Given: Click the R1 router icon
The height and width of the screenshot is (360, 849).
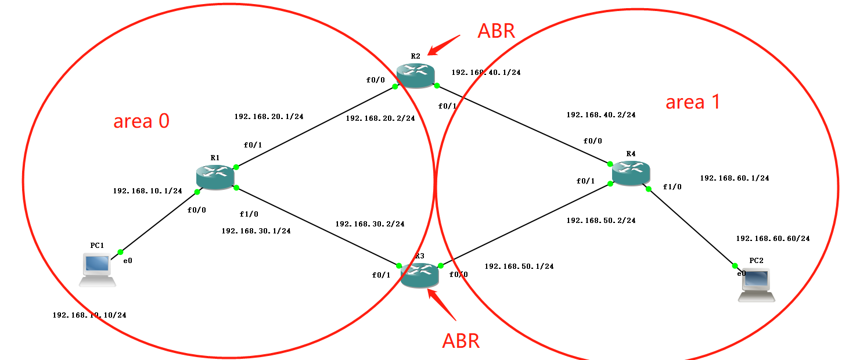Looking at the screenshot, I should pyautogui.click(x=214, y=176).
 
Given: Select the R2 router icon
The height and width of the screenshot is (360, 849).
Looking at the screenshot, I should pyautogui.click(x=416, y=76).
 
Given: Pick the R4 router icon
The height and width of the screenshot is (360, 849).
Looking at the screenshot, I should pyautogui.click(x=631, y=173).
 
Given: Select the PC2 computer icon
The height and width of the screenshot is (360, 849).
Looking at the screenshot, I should pyautogui.click(x=756, y=285).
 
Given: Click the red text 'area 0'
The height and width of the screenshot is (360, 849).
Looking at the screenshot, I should pyautogui.click(x=141, y=121).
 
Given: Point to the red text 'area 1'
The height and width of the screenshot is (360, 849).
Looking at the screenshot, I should pyautogui.click(x=693, y=102).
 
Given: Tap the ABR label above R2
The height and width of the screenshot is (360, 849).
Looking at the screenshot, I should pyautogui.click(x=496, y=31).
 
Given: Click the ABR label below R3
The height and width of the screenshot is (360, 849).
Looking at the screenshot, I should pyautogui.click(x=461, y=341).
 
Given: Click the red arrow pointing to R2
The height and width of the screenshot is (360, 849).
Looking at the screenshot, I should pyautogui.click(x=444, y=45).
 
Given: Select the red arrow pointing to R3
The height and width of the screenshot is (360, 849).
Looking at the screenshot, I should pyautogui.click(x=442, y=305).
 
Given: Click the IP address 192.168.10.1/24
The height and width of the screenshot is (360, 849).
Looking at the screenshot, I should pyautogui.click(x=148, y=190).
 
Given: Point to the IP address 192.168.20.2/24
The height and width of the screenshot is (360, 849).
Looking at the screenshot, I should pyautogui.click(x=380, y=118).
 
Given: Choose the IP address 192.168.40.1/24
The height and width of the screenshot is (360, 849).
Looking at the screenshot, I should pyautogui.click(x=486, y=73).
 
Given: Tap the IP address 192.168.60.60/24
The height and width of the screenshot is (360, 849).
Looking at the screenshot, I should pyautogui.click(x=772, y=238).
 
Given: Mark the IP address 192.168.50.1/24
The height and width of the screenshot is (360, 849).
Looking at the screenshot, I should pyautogui.click(x=519, y=266).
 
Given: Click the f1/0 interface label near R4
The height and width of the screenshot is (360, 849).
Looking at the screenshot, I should pyautogui.click(x=672, y=187).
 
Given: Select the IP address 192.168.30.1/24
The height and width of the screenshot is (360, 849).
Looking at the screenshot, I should pyautogui.click(x=256, y=231).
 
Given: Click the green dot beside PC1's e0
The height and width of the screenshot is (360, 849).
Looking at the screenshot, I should pyautogui.click(x=120, y=252).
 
